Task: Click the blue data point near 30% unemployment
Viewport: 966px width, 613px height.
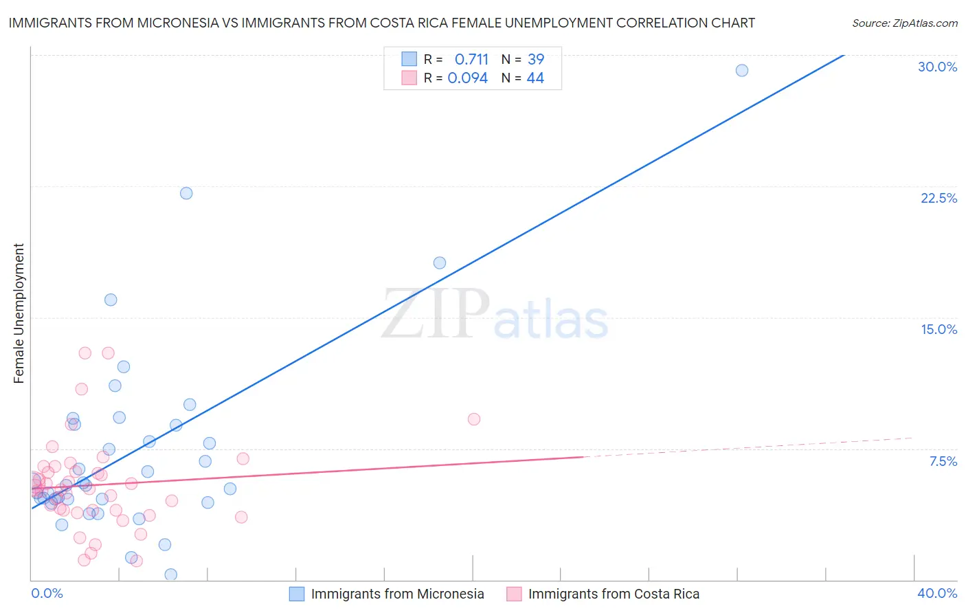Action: tap(741, 70)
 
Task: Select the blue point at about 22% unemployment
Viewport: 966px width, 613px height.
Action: tap(186, 193)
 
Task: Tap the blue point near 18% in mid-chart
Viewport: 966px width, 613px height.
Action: tap(440, 263)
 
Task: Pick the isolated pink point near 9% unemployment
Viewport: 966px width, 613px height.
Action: tap(473, 419)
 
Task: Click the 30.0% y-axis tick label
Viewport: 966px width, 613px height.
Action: tap(937, 67)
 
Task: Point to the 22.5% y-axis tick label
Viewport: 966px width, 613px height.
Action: tap(939, 198)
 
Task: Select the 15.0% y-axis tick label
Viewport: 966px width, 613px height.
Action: tap(939, 329)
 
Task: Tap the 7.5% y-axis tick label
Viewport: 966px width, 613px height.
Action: tap(943, 461)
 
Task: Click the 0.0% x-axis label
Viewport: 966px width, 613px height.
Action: tap(47, 593)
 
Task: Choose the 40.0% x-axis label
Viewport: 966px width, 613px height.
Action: tap(937, 593)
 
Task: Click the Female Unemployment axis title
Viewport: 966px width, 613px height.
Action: tap(19, 313)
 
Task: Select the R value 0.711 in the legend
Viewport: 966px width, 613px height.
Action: tap(471, 59)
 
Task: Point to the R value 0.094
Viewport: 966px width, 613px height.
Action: tap(468, 78)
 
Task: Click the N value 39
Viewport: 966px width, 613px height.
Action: tap(536, 59)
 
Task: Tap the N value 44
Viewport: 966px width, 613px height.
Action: tap(535, 78)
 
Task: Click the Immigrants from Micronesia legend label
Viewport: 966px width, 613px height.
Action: tap(397, 594)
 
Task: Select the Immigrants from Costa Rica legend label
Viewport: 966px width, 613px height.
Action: tap(614, 594)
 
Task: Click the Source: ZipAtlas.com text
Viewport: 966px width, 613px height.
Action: tap(904, 23)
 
